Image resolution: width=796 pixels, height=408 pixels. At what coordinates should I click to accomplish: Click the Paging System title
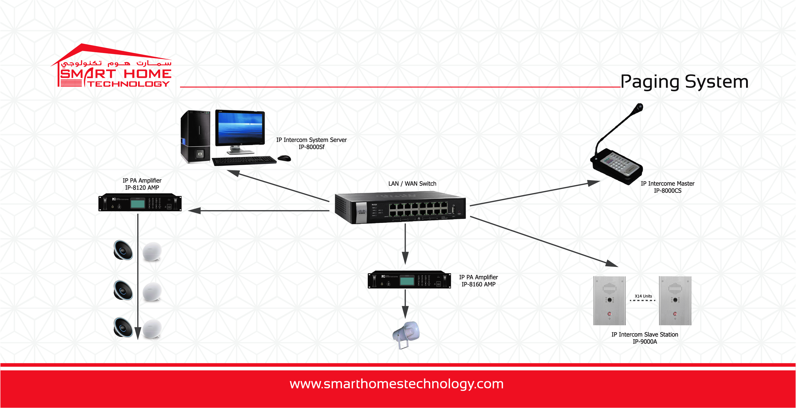[684, 82]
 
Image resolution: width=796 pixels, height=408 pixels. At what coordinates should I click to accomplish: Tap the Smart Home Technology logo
[111, 66]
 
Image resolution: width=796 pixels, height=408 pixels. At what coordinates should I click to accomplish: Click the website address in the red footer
[397, 384]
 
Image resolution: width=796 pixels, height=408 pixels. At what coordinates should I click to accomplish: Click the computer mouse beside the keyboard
[284, 159]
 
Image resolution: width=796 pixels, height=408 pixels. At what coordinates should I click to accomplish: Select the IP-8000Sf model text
[312, 147]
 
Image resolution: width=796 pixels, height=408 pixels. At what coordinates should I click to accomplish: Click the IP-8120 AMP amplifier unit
[140, 203]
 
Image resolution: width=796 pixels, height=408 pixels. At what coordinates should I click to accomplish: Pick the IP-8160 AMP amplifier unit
[409, 280]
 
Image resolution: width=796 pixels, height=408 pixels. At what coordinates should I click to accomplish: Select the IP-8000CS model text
[667, 191]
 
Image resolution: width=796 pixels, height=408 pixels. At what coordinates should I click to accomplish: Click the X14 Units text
[643, 296]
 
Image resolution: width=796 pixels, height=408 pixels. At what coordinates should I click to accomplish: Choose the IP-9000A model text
[645, 342]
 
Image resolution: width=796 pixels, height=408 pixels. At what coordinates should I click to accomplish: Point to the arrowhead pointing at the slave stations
[612, 264]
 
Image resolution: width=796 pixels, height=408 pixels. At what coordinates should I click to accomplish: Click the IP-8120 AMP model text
[142, 188]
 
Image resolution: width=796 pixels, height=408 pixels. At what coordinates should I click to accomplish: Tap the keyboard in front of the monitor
[244, 160]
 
